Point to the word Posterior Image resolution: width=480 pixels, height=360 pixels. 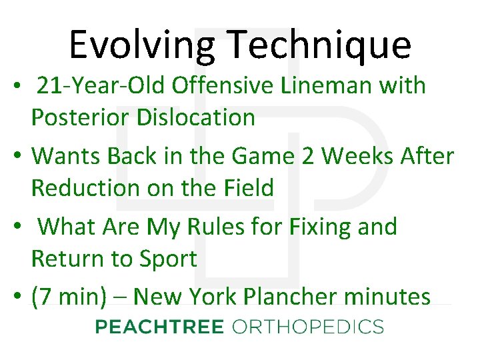tap(80, 117)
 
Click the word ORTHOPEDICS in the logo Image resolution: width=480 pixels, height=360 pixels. tap(308, 327)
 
